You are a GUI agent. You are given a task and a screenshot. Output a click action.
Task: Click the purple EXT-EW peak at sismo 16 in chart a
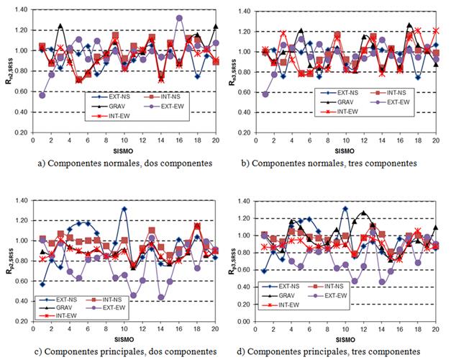(179, 18)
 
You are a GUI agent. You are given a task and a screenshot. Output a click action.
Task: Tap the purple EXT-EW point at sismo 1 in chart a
(42, 95)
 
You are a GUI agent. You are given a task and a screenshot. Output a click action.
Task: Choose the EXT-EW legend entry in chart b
(386, 103)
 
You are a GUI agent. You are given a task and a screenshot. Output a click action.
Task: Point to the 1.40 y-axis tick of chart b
(247, 12)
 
